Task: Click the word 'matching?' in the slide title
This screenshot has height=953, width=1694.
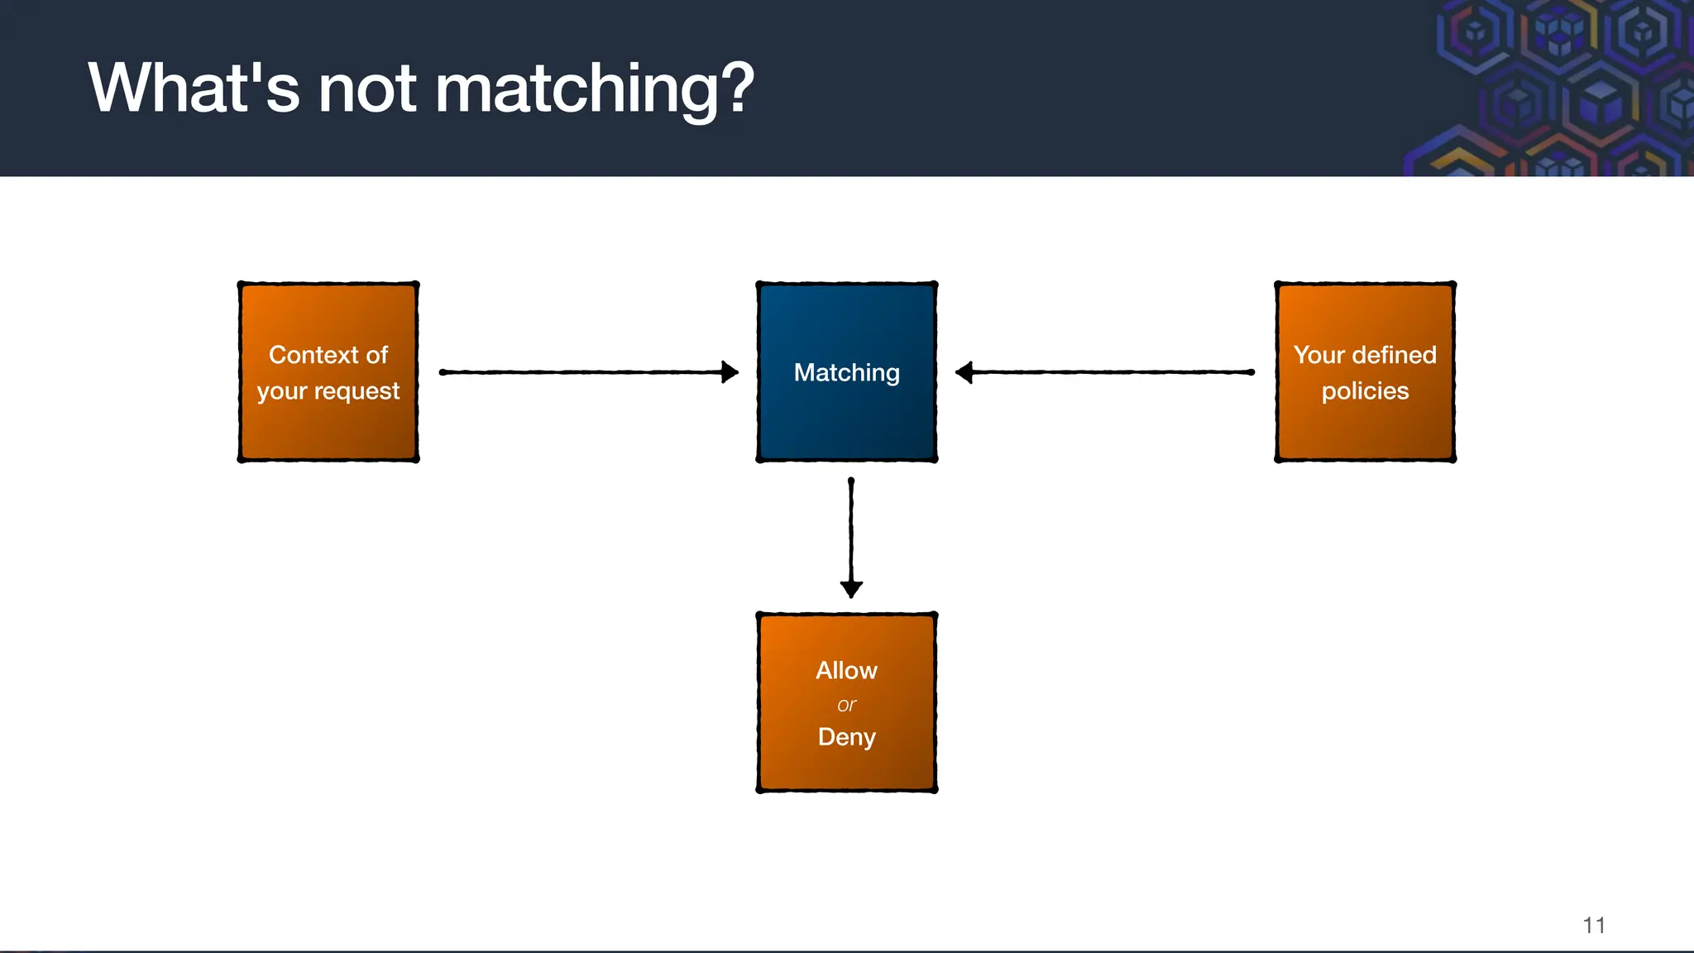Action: (x=594, y=89)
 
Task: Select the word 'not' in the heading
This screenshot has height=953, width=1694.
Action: (x=366, y=89)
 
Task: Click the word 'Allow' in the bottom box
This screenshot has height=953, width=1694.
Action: (x=846, y=670)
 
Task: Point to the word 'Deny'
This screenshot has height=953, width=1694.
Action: (x=846, y=737)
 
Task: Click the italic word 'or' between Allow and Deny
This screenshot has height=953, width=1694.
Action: (x=846, y=705)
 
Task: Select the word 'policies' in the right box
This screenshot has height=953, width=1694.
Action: (x=1365, y=390)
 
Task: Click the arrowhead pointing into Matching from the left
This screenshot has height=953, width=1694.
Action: (x=729, y=372)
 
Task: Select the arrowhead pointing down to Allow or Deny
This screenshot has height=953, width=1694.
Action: (x=851, y=588)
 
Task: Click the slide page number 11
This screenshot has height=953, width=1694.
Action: (x=1593, y=925)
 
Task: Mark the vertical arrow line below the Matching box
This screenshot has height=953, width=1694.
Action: (x=851, y=529)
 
